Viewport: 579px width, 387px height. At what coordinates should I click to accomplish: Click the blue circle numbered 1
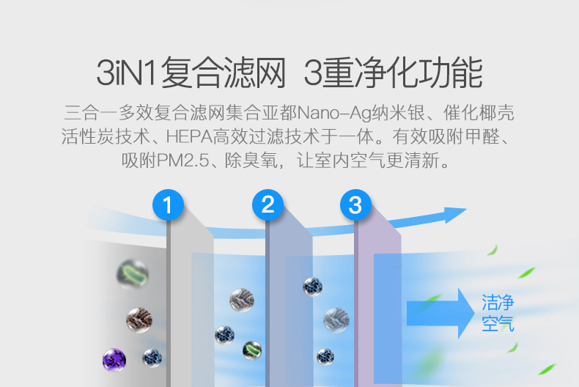pyautogui.click(x=168, y=204)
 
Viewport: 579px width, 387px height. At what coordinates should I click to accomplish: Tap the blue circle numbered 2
pyautogui.click(x=268, y=204)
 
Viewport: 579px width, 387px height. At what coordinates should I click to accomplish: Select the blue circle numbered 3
pyautogui.click(x=355, y=204)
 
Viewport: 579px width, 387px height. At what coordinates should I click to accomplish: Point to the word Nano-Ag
pyautogui.click(x=332, y=115)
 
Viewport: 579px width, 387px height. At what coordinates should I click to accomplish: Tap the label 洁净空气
pyautogui.click(x=498, y=313)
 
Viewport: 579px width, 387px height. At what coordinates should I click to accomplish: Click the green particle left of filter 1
pyautogui.click(x=133, y=274)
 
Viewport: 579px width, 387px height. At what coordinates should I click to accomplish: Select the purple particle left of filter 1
pyautogui.click(x=114, y=361)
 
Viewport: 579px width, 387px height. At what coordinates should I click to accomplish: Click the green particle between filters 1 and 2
pyautogui.click(x=251, y=349)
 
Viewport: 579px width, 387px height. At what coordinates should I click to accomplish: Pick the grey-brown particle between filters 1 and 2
pyautogui.click(x=241, y=299)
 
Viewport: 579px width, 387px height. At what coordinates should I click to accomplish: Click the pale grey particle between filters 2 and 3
pyautogui.click(x=336, y=319)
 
